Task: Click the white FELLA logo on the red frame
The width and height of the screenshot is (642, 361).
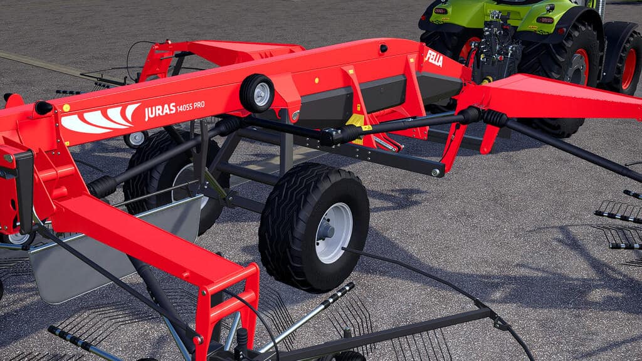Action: click(434, 58)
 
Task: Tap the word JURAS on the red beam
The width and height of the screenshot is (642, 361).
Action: click(160, 111)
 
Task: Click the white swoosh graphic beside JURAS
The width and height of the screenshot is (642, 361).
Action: click(100, 119)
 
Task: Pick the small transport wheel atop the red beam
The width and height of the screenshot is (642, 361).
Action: click(257, 93)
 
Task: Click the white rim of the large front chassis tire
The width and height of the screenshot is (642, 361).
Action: click(334, 233)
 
